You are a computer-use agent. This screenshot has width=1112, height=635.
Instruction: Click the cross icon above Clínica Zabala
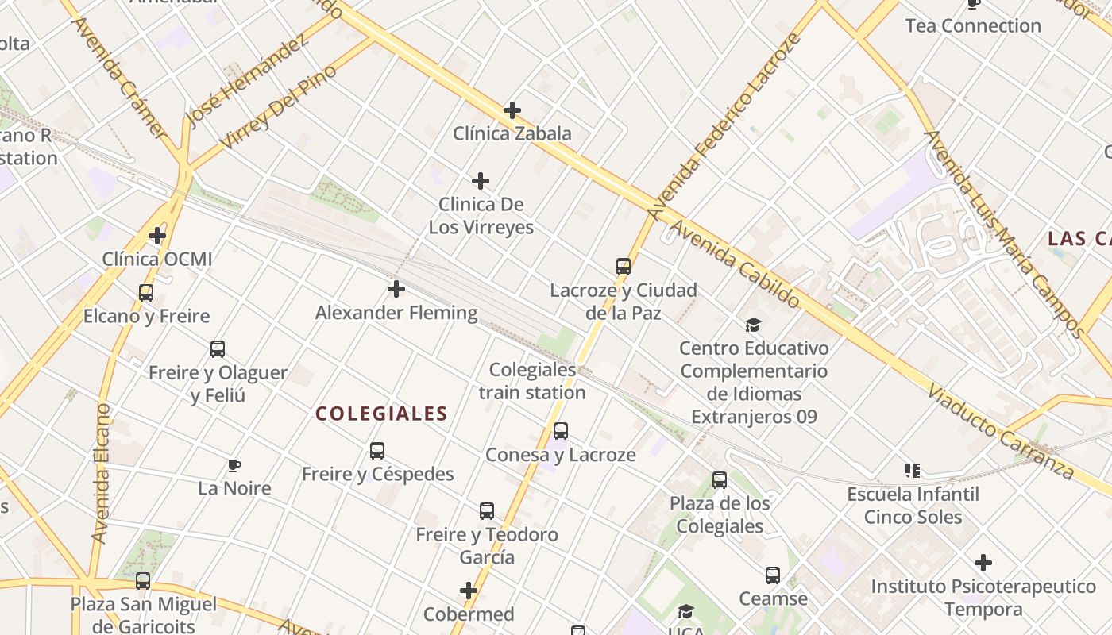(x=512, y=110)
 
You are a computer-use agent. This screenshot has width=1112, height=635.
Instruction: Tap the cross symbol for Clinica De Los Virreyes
(x=481, y=181)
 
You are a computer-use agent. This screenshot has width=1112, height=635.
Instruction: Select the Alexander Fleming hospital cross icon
(x=396, y=289)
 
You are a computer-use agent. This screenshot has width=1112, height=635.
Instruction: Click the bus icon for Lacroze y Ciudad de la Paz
(x=624, y=267)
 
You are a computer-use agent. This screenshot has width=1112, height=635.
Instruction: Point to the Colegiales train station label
(x=532, y=381)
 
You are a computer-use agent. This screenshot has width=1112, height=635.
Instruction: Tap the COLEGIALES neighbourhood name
(x=382, y=414)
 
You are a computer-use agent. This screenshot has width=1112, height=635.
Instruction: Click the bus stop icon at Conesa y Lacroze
(x=561, y=431)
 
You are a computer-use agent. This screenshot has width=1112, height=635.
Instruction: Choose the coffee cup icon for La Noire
(x=234, y=465)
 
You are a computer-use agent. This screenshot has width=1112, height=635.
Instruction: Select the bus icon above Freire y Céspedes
(x=377, y=451)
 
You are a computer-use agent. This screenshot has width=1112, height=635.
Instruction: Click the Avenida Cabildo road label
(x=734, y=264)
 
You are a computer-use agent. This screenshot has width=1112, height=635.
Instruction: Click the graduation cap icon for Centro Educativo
(x=753, y=325)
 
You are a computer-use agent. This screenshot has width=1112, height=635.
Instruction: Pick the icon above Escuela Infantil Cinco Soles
(x=913, y=471)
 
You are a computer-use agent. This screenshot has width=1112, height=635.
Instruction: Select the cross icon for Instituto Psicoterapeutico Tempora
(x=983, y=563)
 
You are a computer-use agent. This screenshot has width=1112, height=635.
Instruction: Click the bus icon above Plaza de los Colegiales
(x=720, y=479)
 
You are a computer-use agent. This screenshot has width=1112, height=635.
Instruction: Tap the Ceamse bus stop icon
(x=773, y=575)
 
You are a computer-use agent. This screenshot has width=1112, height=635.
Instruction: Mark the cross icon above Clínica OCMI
(x=157, y=236)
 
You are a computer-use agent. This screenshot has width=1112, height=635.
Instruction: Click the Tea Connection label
(x=973, y=25)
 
